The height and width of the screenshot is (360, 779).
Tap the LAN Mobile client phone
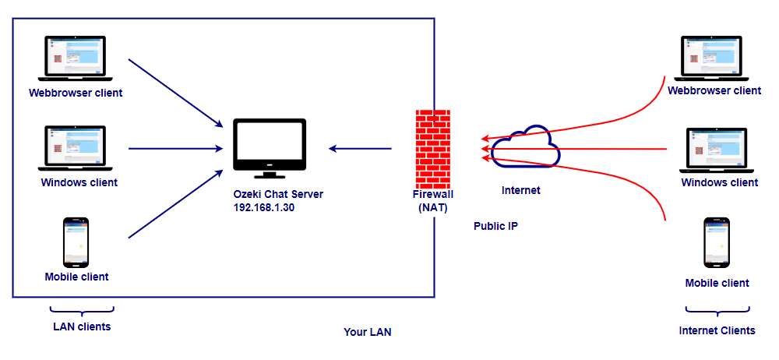(76, 241)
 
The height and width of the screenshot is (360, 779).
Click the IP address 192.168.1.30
(265, 208)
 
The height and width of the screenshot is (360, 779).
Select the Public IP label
(496, 226)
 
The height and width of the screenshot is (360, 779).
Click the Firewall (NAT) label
(433, 202)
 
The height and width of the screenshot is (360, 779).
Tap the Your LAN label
(368, 332)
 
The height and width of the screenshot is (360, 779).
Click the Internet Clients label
(717, 330)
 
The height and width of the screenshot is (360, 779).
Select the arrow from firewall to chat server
(360, 147)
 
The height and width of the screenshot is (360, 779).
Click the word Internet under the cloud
(520, 190)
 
